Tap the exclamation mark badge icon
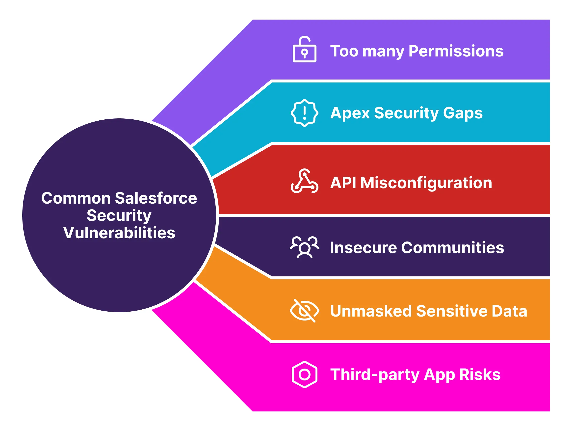point(304,113)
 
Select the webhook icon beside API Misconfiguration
point(304,181)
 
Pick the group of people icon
point(304,247)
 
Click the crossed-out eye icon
point(304,311)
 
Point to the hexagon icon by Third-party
point(304,375)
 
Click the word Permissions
point(456,51)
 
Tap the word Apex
point(350,113)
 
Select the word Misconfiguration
point(426,183)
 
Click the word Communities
point(453,247)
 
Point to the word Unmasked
point(371,311)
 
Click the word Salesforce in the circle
point(156,198)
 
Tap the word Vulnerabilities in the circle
point(119,233)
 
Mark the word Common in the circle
point(76,198)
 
